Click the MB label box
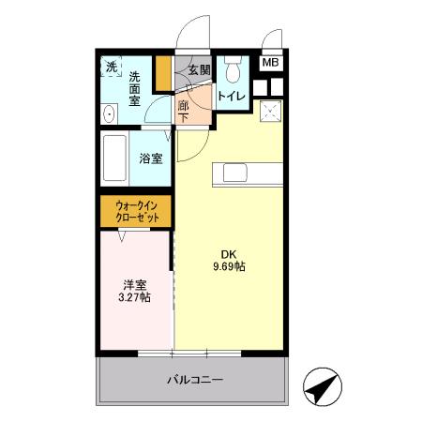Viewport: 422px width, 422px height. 269,64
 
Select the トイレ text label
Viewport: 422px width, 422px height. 232,95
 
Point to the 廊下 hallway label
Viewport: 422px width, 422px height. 184,112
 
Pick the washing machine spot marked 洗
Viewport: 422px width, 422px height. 112,68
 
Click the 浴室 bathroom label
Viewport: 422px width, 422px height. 151,159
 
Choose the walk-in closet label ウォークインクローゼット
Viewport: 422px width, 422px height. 137,211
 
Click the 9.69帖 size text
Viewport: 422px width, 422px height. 228,267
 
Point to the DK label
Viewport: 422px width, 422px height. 228,253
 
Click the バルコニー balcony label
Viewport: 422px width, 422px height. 195,380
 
